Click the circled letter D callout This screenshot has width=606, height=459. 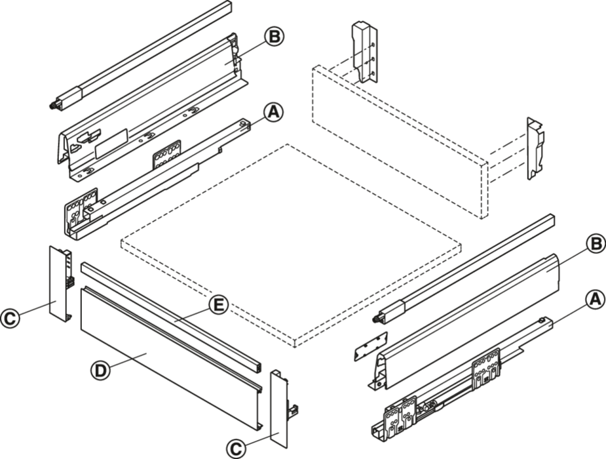pyautogui.click(x=100, y=370)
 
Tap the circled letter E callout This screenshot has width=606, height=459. pyautogui.click(x=218, y=305)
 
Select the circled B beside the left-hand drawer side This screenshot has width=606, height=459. pyautogui.click(x=274, y=37)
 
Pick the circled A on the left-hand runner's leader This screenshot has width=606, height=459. pyautogui.click(x=273, y=112)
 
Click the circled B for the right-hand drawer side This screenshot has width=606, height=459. pyautogui.click(x=596, y=244)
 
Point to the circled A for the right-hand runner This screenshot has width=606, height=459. pyautogui.click(x=594, y=300)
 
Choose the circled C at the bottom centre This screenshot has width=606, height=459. pyautogui.click(x=236, y=449)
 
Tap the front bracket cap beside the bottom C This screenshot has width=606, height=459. pyautogui.click(x=282, y=409)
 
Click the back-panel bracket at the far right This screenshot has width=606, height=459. pyautogui.click(x=535, y=148)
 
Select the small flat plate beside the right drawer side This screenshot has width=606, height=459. pyautogui.click(x=370, y=346)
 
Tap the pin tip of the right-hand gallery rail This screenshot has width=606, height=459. pyautogui.click(x=375, y=319)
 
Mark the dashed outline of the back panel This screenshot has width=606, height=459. pyautogui.click(x=400, y=142)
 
